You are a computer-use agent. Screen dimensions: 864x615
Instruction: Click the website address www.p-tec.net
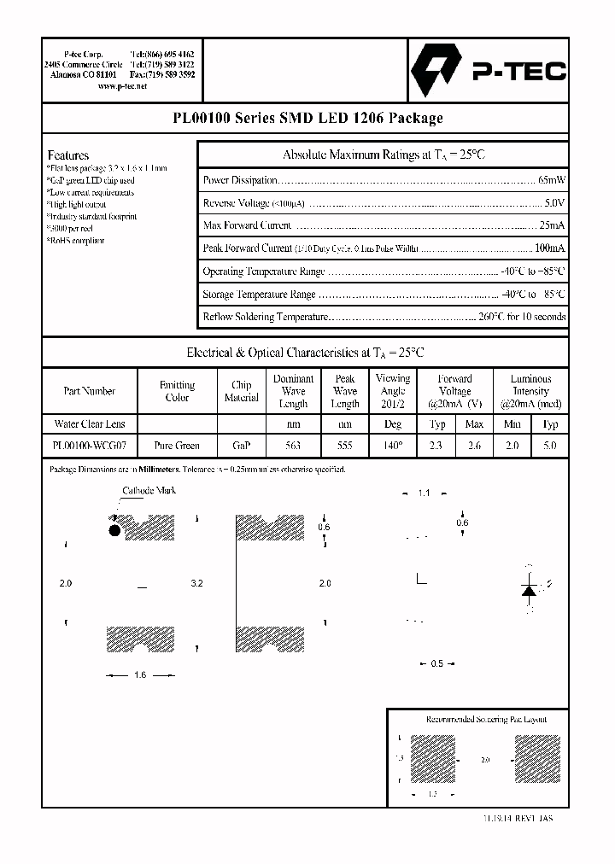[123, 86]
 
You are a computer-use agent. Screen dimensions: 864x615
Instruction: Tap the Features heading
[68, 155]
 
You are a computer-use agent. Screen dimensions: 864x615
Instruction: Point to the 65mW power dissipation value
[551, 180]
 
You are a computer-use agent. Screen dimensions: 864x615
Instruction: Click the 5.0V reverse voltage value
[554, 203]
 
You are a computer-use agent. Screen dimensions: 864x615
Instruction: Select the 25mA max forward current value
[552, 225]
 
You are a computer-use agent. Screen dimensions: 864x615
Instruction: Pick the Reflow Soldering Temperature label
[265, 317]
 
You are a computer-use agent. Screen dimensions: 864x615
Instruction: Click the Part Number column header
[89, 391]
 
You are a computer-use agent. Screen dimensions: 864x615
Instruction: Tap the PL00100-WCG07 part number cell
[89, 445]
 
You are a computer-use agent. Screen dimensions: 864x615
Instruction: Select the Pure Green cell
[177, 445]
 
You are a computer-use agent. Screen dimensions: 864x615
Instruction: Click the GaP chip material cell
[241, 445]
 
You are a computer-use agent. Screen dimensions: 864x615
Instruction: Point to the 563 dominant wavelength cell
[293, 445]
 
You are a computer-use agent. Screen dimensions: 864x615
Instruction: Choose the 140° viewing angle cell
[393, 445]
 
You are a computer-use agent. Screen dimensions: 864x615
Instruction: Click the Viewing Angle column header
[393, 391]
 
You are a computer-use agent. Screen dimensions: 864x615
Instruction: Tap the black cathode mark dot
[114, 530]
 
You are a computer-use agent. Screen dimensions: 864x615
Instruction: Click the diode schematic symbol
[529, 590]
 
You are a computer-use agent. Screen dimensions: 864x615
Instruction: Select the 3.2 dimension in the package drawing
[196, 583]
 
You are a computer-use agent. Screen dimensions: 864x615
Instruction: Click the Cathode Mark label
[149, 491]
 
